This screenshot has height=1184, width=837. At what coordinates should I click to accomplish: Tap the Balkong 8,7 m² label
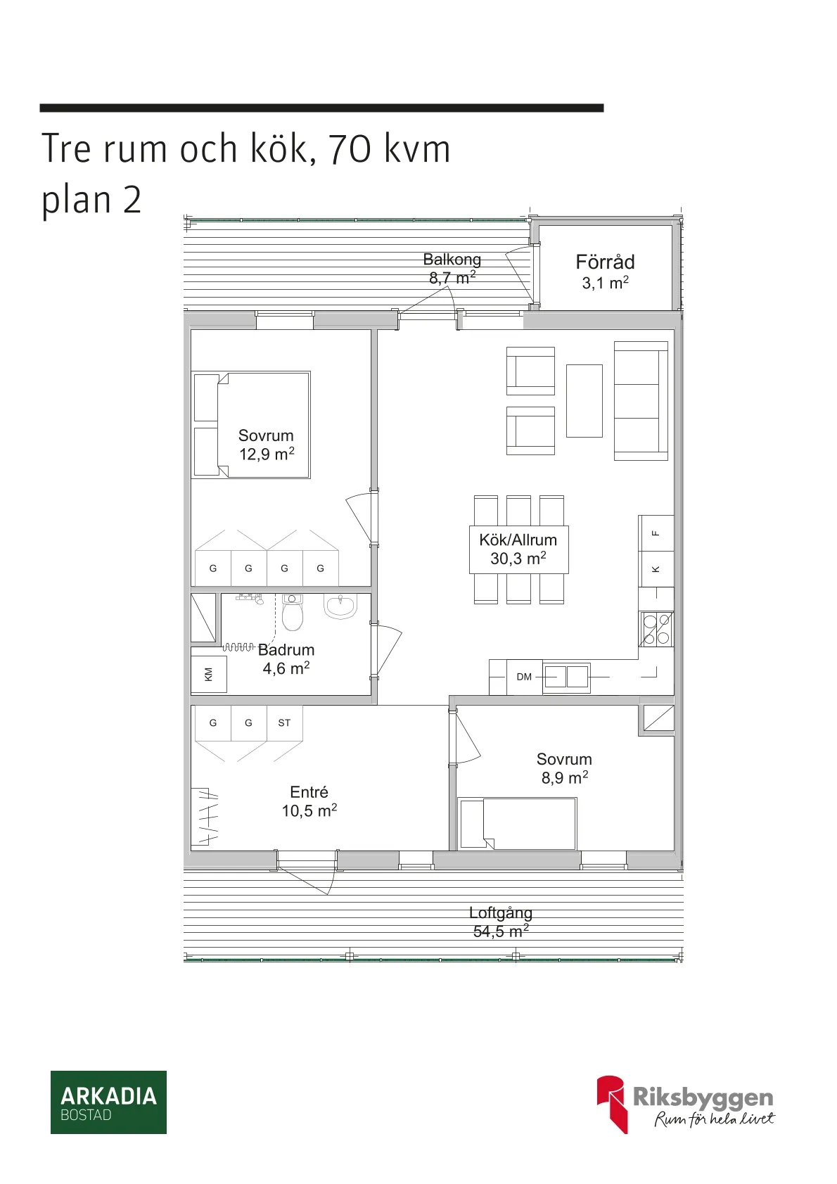452,269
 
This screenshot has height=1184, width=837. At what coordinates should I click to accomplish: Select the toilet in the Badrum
292,613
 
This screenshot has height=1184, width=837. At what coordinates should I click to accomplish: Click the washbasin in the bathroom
340,606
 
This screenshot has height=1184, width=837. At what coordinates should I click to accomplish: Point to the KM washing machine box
209,675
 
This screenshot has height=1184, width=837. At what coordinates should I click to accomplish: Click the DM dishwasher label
524,677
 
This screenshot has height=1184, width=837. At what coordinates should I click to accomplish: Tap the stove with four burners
656,629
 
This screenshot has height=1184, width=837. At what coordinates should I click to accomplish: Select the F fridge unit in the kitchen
656,533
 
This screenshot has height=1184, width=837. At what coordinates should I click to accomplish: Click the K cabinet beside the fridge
656,569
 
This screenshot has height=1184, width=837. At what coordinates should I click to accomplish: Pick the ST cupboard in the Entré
284,723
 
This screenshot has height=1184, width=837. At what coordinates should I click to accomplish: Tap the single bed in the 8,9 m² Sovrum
517,824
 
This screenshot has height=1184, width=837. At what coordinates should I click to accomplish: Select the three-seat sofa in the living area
640,401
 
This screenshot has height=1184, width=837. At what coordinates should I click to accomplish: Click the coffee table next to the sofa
584,400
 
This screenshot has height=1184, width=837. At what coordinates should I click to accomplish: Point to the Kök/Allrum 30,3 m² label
518,549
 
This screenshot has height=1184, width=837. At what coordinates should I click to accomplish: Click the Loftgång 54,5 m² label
501,922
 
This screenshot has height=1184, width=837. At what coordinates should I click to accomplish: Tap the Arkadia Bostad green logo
108,1102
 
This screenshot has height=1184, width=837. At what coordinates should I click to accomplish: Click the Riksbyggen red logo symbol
611,1102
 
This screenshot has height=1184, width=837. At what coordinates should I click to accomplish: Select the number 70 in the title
350,149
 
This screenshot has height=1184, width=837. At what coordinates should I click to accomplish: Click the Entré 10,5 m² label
309,801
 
